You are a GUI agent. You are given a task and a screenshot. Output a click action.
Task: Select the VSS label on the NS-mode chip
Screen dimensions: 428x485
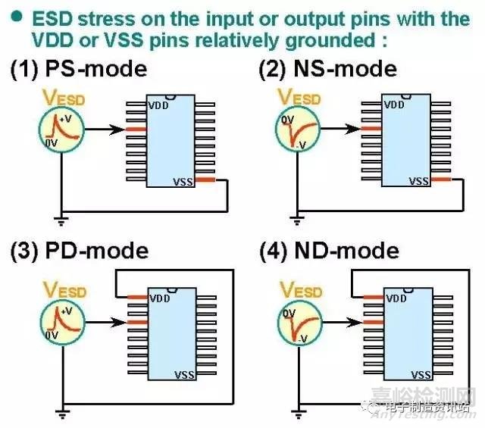(419, 180)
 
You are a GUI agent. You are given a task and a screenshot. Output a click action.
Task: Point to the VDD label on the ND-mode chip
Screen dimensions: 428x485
(396, 298)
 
